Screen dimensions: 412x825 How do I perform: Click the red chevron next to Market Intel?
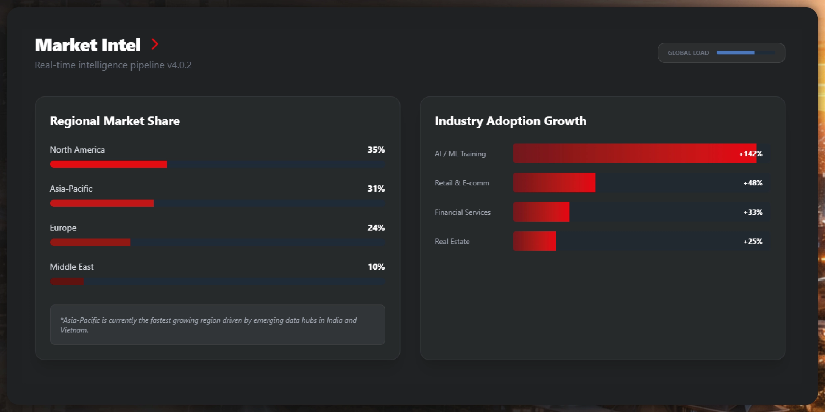155,44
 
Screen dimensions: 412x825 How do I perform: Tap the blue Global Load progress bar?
735,53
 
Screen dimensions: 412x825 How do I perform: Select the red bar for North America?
108,164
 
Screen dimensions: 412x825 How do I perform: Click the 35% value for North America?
376,150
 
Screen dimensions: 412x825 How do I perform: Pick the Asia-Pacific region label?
71,189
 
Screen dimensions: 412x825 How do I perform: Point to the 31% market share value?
376,189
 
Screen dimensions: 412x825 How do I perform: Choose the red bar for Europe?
90,242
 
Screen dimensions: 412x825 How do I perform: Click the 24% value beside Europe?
376,228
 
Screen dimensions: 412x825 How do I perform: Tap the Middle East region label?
71,267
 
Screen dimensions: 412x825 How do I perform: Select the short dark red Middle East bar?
67,281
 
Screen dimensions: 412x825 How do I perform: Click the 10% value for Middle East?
376,267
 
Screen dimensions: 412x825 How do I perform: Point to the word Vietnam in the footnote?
74,330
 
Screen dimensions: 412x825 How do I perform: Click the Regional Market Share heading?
115,121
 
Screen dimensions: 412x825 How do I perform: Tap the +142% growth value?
751,154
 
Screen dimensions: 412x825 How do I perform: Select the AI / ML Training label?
460,154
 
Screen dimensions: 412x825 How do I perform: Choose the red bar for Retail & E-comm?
554,182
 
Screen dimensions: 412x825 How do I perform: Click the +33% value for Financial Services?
753,212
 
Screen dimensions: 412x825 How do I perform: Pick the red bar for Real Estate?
534,241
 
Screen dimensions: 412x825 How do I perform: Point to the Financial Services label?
462,212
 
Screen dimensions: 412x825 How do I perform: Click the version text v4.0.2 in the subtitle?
179,65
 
